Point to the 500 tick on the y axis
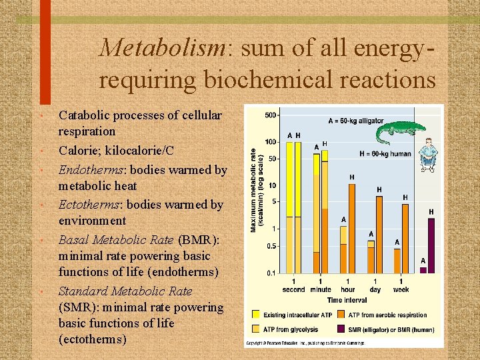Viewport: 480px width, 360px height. point(271,115)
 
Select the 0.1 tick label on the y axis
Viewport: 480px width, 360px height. point(271,273)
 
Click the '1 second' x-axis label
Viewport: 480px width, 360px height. point(293,285)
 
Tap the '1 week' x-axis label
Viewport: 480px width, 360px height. point(401,285)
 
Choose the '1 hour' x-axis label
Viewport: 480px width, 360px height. point(347,285)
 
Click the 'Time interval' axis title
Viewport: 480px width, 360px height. point(347,300)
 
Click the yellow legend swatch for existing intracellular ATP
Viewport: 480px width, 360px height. point(256,315)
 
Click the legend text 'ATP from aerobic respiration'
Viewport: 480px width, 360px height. point(387,315)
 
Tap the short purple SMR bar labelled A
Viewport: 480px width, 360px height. point(423,270)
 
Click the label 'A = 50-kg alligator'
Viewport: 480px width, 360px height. point(355,121)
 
